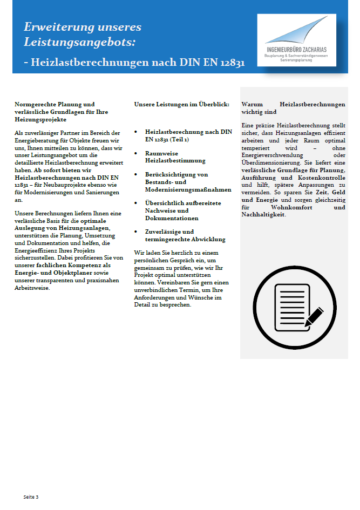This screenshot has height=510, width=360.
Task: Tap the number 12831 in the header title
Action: click(232, 62)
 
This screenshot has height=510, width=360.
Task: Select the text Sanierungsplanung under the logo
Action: click(296, 60)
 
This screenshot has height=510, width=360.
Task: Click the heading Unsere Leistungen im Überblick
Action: click(182, 104)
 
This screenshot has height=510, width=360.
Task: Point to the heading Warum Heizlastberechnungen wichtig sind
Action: click(293, 108)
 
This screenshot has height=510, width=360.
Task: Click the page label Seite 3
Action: click(31, 496)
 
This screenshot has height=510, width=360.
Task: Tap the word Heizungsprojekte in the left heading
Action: click(40, 119)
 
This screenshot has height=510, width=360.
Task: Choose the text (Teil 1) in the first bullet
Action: click(179, 139)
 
